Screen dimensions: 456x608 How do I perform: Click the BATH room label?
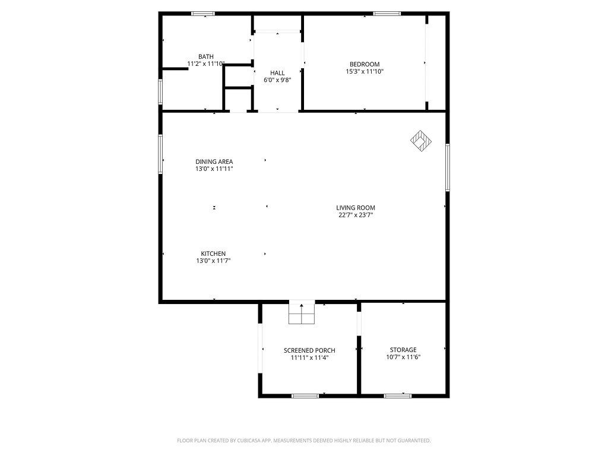click(x=206, y=56)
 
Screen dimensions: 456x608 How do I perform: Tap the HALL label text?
click(x=277, y=73)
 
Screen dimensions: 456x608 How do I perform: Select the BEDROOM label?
click(x=365, y=64)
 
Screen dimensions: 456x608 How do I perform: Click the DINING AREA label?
click(x=214, y=161)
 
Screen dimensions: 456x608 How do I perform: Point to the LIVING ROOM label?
click(x=356, y=208)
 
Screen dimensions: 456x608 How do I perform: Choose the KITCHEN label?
click(x=213, y=254)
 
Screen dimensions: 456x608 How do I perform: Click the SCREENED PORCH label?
click(x=309, y=350)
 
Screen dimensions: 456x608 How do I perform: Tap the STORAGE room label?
click(x=403, y=350)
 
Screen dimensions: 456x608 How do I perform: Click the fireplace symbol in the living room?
click(x=421, y=141)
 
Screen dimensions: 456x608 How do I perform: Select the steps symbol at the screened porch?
click(x=302, y=313)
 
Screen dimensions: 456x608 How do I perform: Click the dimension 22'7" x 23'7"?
click(x=356, y=215)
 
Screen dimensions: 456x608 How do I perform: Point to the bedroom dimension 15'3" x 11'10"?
click(x=365, y=71)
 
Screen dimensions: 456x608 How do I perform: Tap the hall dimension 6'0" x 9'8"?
click(x=277, y=80)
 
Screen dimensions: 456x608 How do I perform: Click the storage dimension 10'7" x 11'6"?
click(x=403, y=357)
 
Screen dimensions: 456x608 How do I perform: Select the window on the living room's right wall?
click(x=447, y=167)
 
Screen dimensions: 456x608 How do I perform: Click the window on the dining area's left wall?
click(x=160, y=154)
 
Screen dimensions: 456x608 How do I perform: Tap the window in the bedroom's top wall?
click(x=387, y=13)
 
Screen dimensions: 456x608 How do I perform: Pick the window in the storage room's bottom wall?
click(x=398, y=395)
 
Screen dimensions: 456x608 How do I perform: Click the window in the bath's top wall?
click(x=203, y=13)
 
